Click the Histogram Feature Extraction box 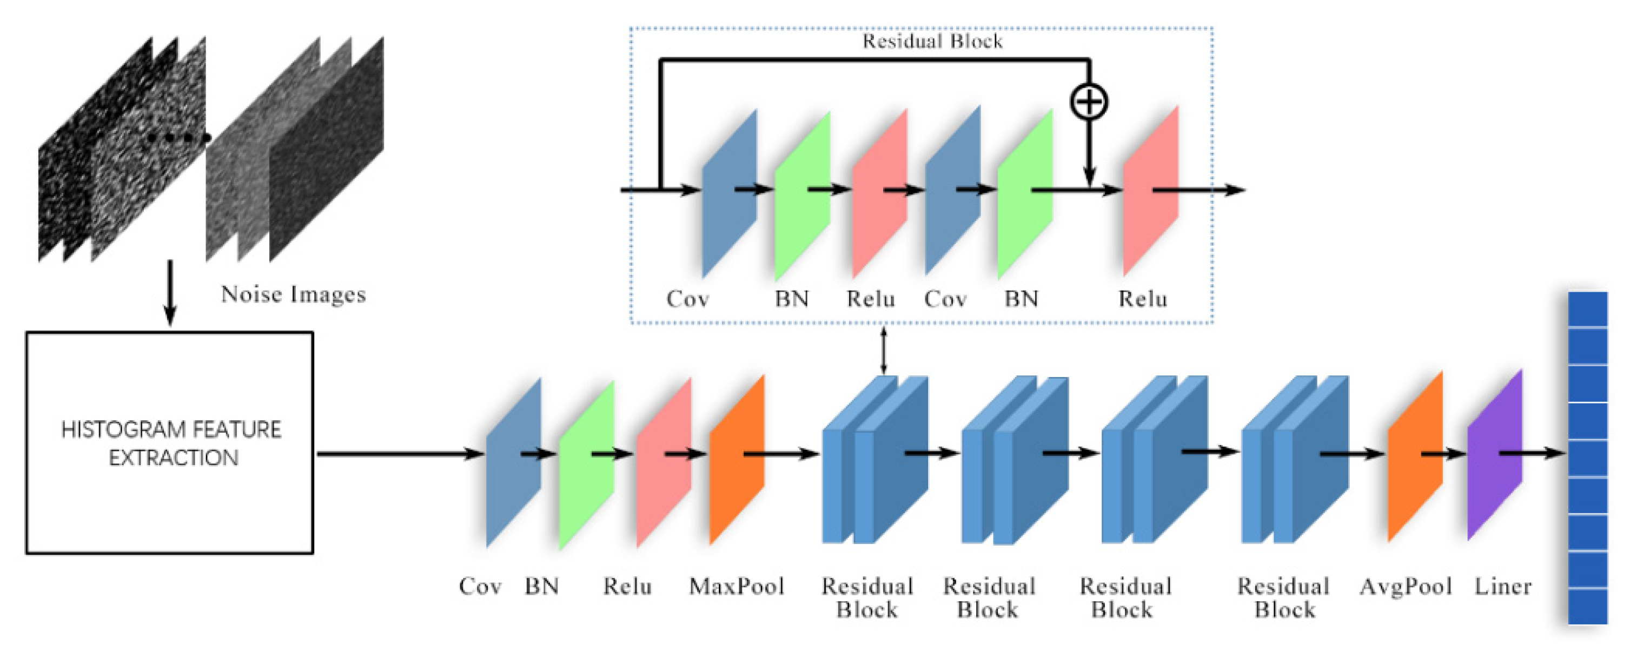170,443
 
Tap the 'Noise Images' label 294,294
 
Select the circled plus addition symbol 1089,102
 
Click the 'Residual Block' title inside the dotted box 933,42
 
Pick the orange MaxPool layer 737,460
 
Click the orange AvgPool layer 1415,456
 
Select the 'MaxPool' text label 737,587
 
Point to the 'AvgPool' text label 1406,587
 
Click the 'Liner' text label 1503,587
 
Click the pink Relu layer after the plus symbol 1150,191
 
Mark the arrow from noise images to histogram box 170,292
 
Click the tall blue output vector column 1588,458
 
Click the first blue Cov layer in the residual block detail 730,193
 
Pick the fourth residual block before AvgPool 1295,460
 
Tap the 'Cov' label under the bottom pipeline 480,587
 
